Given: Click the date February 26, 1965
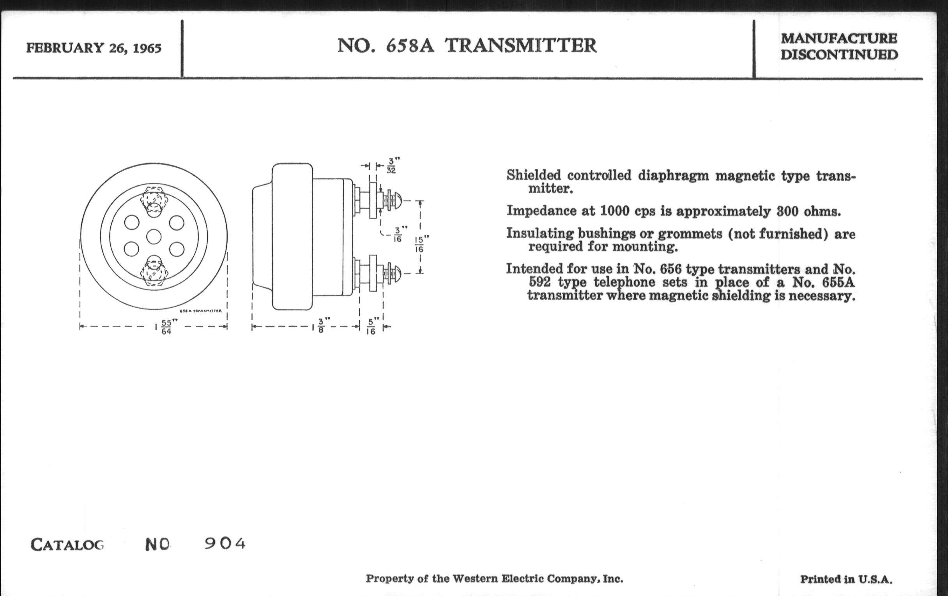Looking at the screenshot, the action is pyautogui.click(x=94, y=48).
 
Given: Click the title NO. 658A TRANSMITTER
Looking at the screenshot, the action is pyautogui.click(x=467, y=45).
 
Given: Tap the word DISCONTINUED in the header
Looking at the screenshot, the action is pyautogui.click(x=839, y=54).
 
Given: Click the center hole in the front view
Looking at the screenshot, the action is pyautogui.click(x=154, y=237).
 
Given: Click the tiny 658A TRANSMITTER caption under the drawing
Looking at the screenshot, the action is pyautogui.click(x=201, y=311).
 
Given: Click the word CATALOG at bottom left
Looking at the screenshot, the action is pyautogui.click(x=67, y=545).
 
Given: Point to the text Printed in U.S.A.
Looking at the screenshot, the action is pyautogui.click(x=846, y=579).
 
